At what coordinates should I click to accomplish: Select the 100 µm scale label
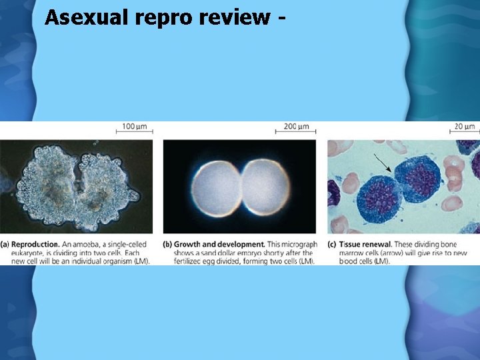[135, 127]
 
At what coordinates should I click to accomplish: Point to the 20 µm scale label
[465, 127]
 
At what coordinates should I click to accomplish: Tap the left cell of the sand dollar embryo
[215, 189]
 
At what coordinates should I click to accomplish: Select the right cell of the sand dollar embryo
[265, 189]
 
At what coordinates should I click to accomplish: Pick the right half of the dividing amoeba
[109, 183]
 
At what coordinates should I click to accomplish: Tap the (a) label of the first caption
[5, 245]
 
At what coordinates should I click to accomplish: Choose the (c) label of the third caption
[332, 245]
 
